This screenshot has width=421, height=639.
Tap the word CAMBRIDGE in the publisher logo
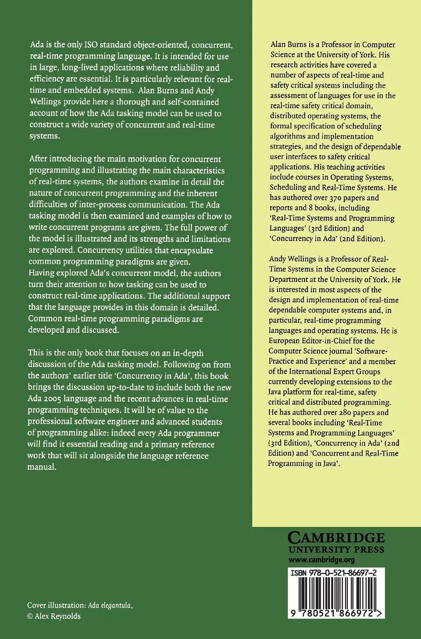click(x=336, y=537)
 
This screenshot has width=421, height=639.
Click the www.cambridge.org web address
click(x=321, y=560)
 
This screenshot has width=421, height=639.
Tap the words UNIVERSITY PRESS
click(x=336, y=549)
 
